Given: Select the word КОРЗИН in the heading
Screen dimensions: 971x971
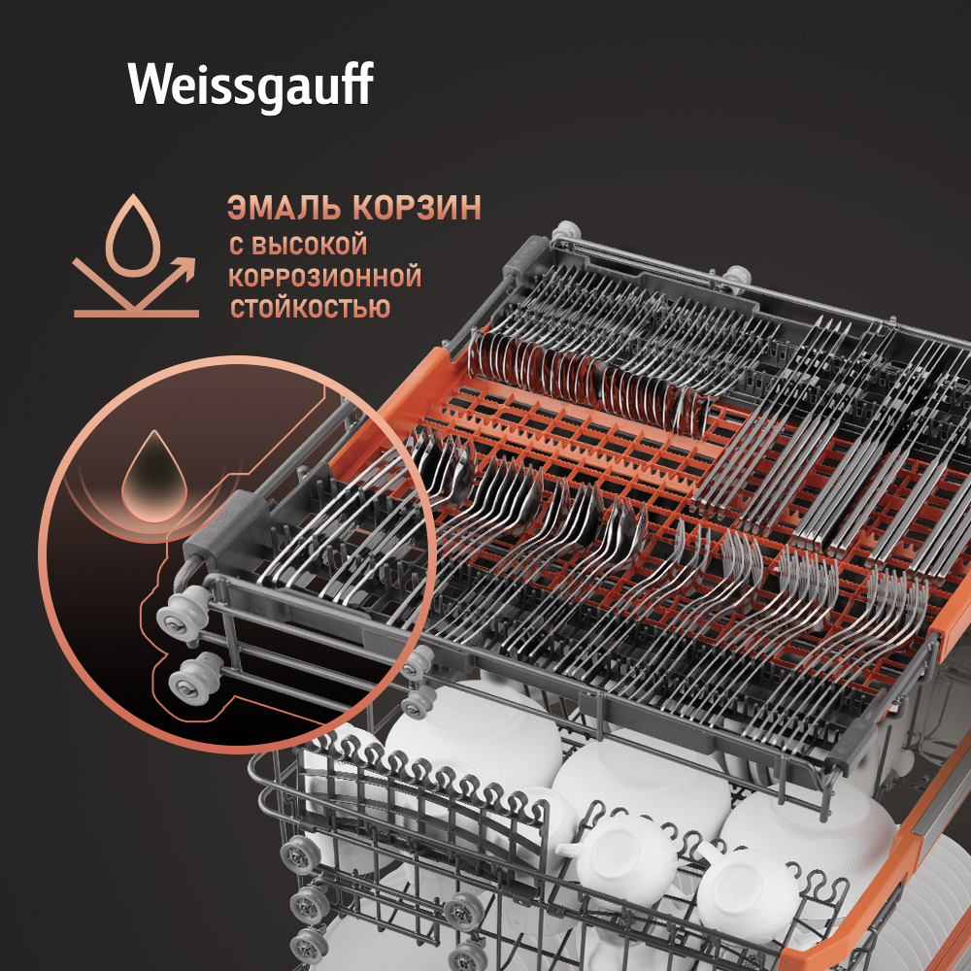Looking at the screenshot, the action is (418, 208).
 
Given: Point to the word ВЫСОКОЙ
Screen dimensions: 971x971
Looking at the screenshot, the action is (310, 246).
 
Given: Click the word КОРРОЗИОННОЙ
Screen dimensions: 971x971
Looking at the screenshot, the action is (325, 278).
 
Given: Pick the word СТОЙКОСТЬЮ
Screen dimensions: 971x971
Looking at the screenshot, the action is (311, 308).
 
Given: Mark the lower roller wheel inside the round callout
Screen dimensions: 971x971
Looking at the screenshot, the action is (194, 676).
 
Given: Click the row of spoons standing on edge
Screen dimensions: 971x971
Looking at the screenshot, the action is (588, 381).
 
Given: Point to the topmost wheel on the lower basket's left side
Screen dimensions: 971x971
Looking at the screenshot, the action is (301, 854).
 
